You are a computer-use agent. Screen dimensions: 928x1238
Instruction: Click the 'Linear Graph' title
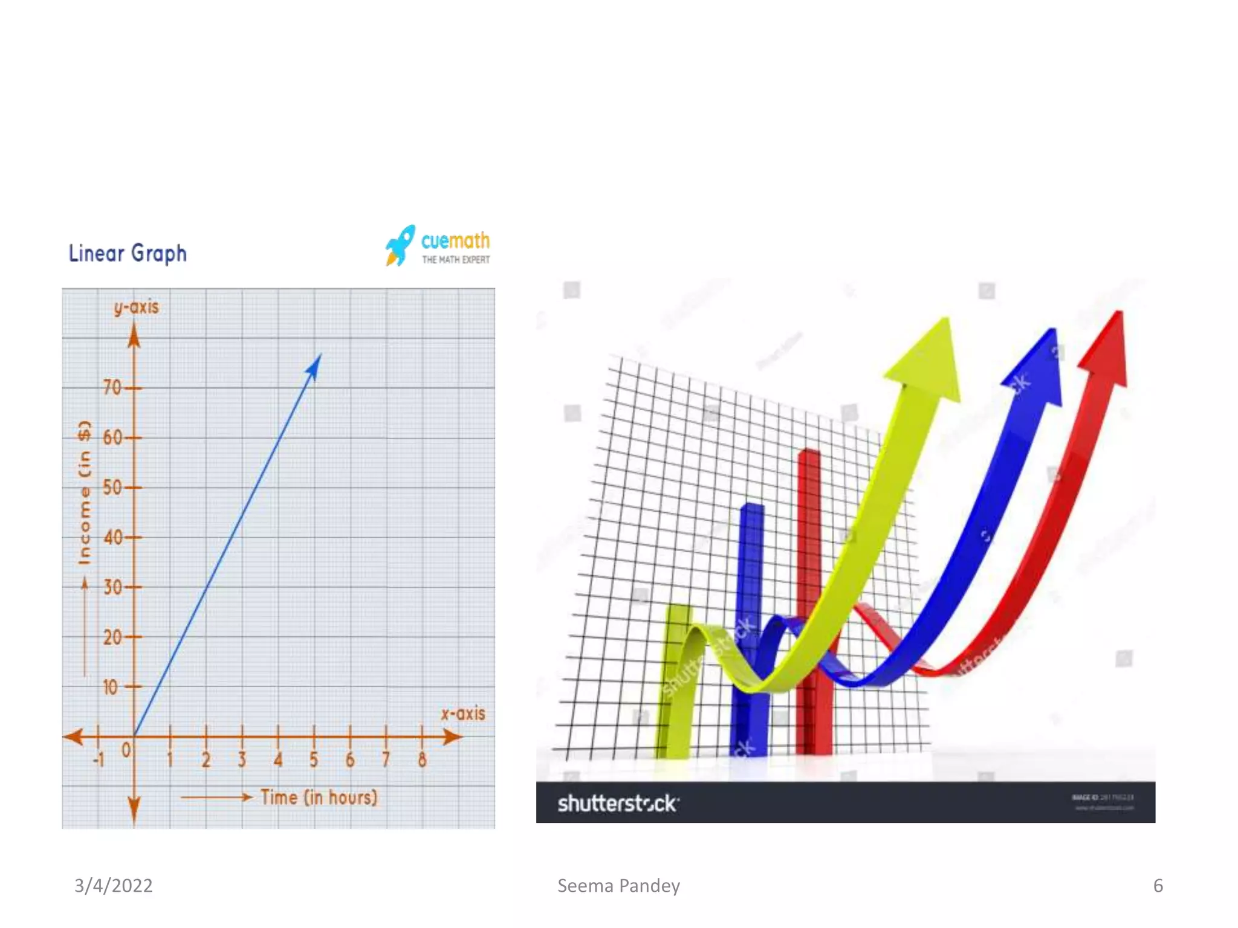coord(128,253)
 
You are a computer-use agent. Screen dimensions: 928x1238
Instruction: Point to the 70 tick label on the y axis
coord(112,387)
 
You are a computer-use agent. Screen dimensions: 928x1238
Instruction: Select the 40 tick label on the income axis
coord(112,537)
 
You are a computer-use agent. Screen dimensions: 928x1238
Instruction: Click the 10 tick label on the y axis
coord(111,687)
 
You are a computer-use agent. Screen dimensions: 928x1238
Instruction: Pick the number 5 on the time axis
coord(314,759)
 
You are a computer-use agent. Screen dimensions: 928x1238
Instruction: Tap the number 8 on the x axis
coord(422,759)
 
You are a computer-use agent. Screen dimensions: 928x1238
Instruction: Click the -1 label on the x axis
coord(99,759)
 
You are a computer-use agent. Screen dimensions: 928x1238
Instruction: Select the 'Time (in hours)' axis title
coord(319,797)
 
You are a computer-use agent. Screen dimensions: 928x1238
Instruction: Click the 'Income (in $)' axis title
coord(85,492)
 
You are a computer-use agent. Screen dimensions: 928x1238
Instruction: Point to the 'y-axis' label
coord(137,308)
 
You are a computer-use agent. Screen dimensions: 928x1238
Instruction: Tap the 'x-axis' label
coord(463,714)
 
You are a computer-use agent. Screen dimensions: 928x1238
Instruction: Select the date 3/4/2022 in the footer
coord(114,886)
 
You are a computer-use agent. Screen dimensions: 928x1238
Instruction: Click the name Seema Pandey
coord(618,886)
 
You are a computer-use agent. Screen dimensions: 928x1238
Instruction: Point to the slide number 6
coord(1158,886)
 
